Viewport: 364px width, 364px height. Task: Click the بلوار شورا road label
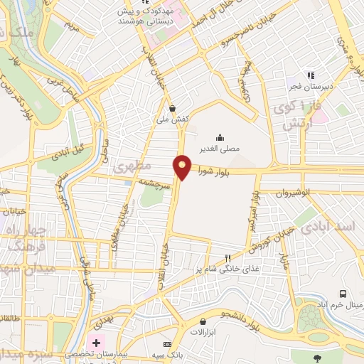tap(213, 171)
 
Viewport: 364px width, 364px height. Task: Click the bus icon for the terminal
tap(343, 294)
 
